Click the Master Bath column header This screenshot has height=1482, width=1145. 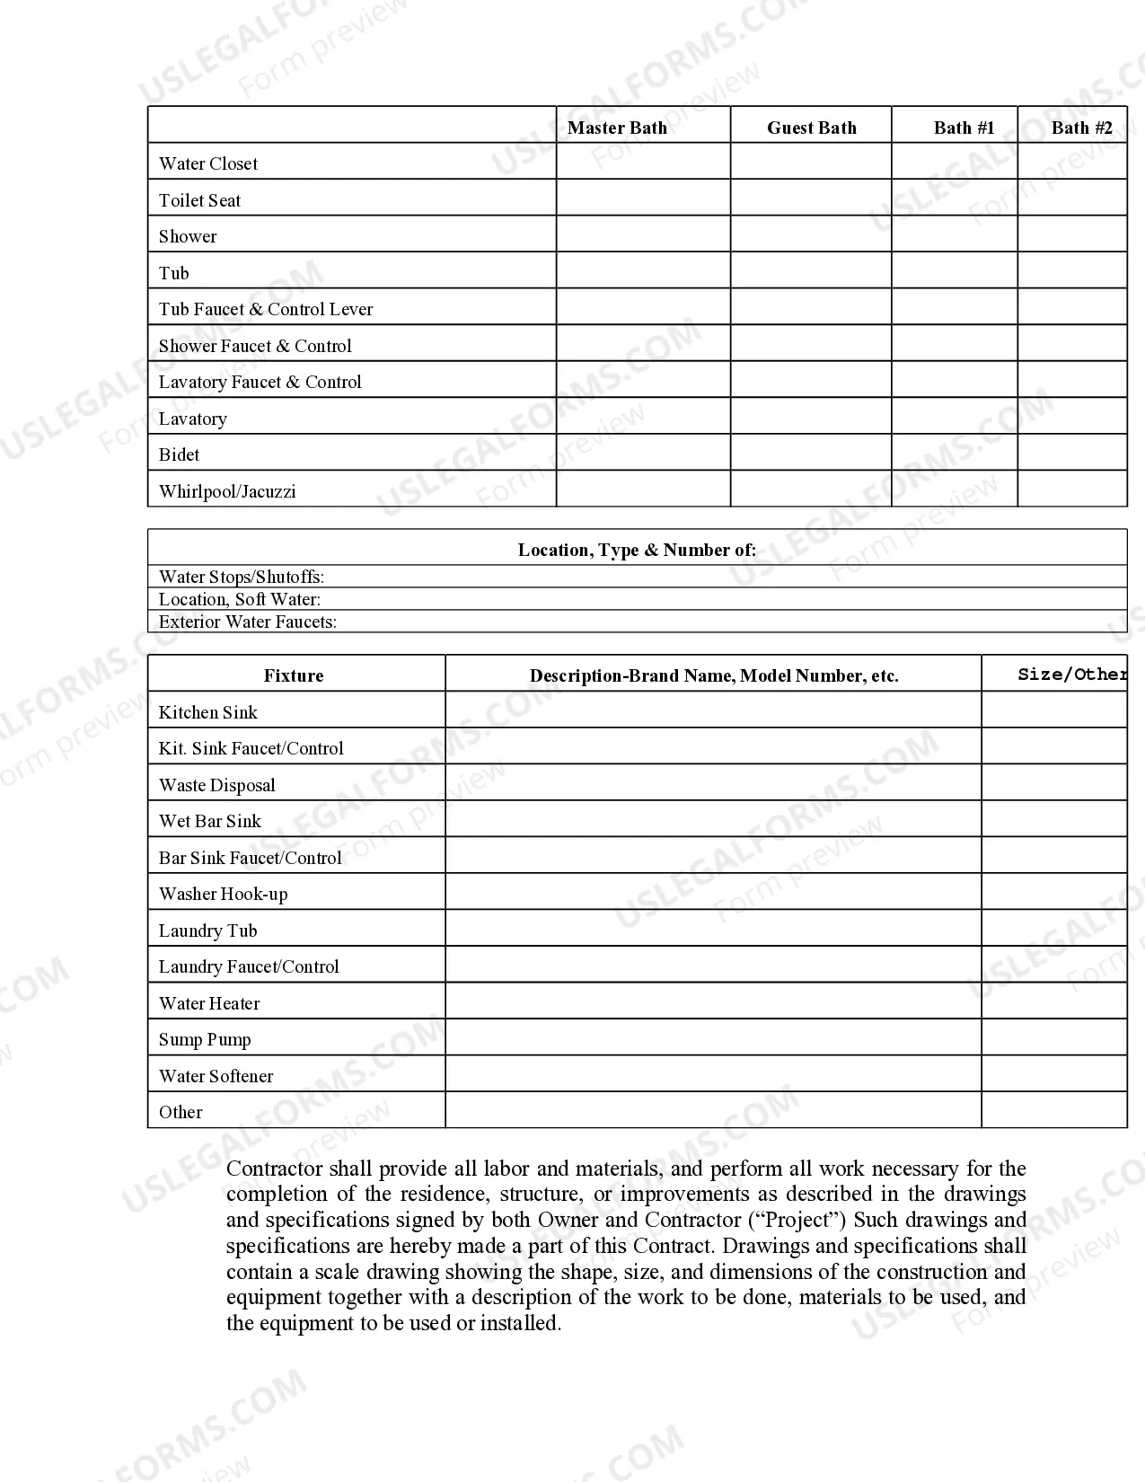(617, 128)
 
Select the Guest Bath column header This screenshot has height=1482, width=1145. (811, 128)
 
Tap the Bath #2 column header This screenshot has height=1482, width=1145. (1081, 128)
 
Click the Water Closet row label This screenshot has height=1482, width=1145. (208, 163)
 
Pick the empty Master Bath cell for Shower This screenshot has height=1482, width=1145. (643, 234)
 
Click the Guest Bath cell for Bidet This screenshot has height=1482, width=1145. (811, 453)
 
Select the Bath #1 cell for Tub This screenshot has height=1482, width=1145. (954, 270)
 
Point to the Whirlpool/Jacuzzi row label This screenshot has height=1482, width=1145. (227, 491)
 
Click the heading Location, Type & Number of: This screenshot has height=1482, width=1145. (637, 550)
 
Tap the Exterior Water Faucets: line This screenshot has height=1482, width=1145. (248, 622)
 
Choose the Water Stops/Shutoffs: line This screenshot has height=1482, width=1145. (242, 577)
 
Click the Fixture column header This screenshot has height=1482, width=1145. (294, 675)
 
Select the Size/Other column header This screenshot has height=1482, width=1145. (1072, 675)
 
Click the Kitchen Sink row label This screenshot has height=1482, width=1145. (208, 712)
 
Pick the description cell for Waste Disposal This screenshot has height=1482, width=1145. (713, 783)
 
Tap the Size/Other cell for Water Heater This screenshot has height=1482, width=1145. (1053, 1001)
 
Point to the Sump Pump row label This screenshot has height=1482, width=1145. (205, 1039)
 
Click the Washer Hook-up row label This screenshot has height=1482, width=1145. (224, 894)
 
